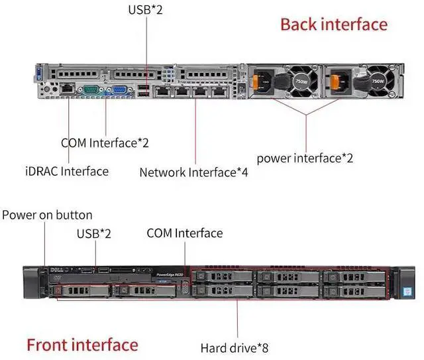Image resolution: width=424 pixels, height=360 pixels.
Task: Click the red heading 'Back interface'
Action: pos(333,25)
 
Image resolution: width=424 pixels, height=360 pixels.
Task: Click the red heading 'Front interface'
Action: pos(82,345)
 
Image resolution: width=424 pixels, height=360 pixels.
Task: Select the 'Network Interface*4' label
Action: pos(193,172)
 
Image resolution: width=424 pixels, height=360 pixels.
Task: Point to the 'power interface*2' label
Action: pos(305,158)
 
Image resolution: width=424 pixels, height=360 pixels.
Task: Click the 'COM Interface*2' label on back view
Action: pos(105,143)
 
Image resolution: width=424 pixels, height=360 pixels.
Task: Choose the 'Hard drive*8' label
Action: pos(235,347)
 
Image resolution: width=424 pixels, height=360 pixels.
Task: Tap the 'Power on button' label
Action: pos(48,215)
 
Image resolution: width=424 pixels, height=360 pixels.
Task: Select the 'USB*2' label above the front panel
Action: pos(94,233)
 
